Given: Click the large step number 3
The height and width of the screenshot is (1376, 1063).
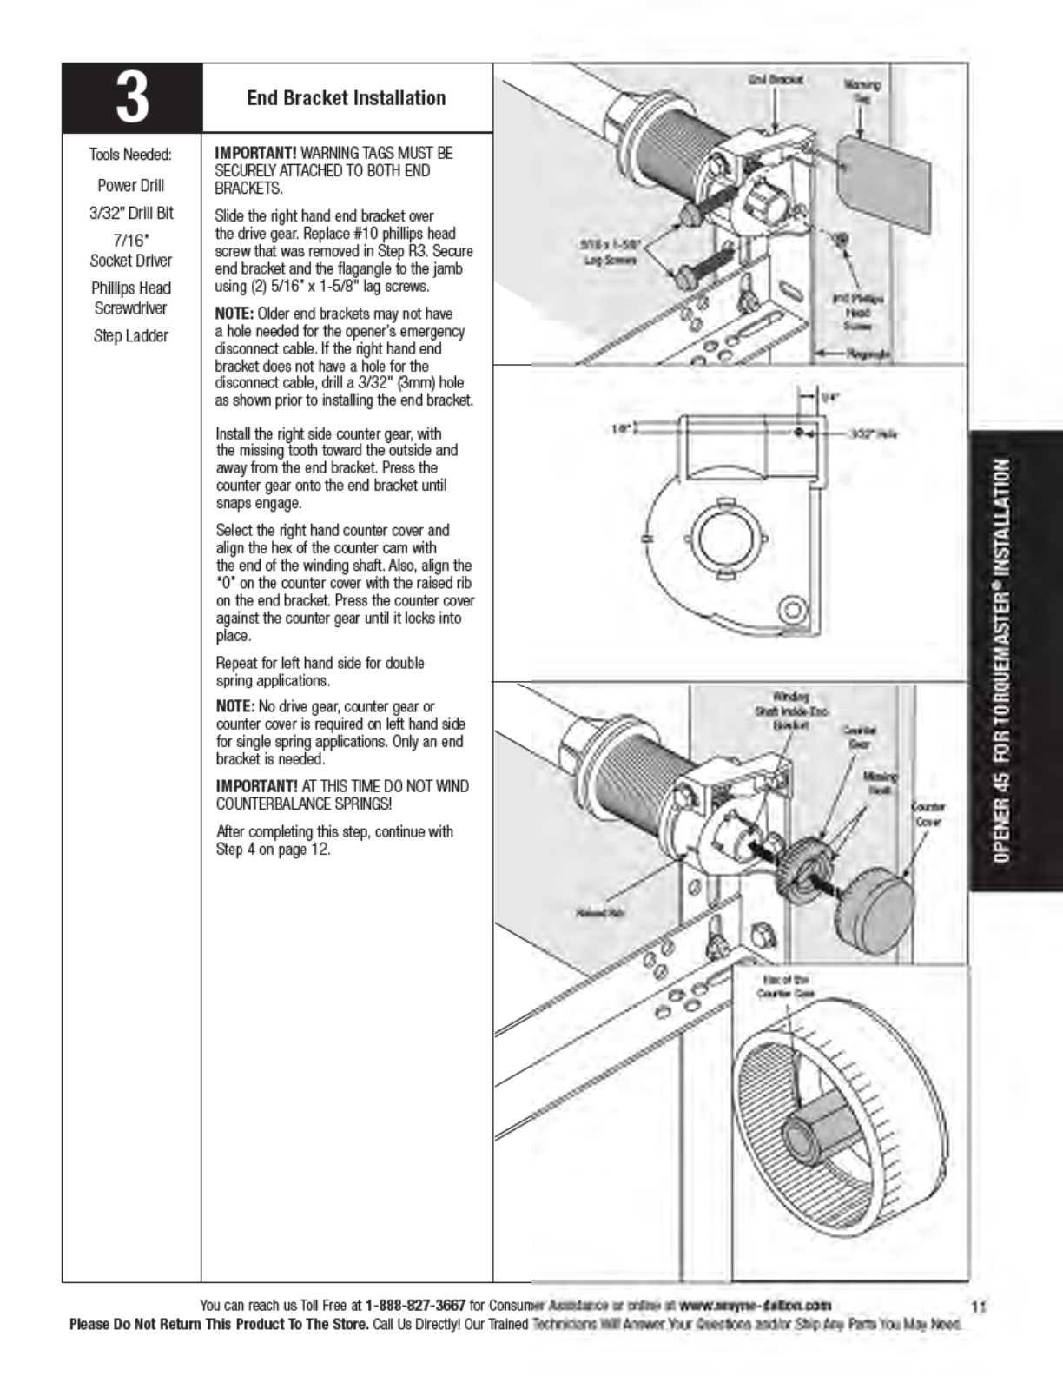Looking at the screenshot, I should click(131, 98).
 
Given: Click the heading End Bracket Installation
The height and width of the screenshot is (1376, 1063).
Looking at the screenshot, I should click(346, 98).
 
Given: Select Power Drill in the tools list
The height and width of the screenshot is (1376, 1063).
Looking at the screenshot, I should click(130, 185).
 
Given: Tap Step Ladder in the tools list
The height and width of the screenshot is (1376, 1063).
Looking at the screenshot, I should click(130, 336).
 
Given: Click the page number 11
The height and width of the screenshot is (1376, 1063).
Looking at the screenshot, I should click(979, 1306).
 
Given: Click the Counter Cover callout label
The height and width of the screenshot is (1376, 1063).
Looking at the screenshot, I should click(927, 814).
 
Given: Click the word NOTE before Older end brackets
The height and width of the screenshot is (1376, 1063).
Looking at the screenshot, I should click(234, 314).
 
